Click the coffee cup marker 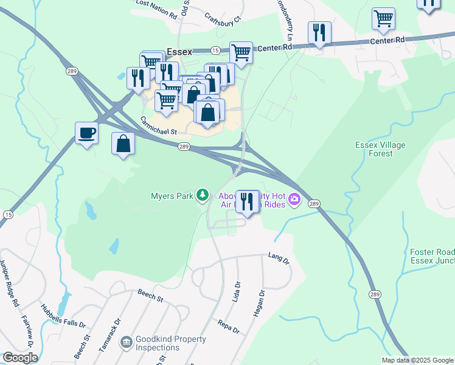click(x=86, y=133)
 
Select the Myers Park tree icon click(x=202, y=195)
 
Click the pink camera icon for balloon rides click(x=295, y=199)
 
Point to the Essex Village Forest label click(x=381, y=150)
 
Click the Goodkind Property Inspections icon click(x=126, y=344)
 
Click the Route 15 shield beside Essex click(x=215, y=50)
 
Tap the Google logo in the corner click(x=19, y=358)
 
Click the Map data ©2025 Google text click(x=417, y=360)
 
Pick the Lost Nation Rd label click(x=156, y=4)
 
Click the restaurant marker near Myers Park click(x=246, y=202)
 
